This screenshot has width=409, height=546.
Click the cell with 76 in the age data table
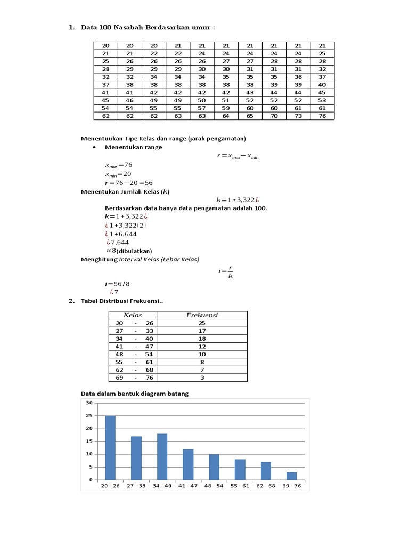tap(322, 116)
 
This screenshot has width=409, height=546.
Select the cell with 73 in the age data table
tap(298, 116)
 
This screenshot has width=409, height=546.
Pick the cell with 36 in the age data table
tap(298, 77)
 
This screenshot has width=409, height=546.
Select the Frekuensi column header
tap(202, 315)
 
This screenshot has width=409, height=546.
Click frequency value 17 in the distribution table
tap(202, 331)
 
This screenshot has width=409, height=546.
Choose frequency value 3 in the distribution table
tap(202, 378)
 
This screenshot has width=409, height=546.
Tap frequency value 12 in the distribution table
tap(202, 346)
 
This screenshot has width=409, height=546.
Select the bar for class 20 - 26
tap(110, 448)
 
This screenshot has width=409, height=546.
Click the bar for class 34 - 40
tap(162, 457)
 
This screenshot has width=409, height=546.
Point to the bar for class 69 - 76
tap(291, 476)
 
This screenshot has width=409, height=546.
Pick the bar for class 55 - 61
tap(240, 470)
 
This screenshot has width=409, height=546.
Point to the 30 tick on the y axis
tap(89, 403)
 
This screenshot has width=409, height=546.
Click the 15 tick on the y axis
tap(89, 441)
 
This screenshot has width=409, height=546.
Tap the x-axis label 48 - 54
tap(214, 486)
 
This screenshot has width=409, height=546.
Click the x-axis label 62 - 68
tap(266, 486)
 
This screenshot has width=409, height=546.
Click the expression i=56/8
tap(117, 284)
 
